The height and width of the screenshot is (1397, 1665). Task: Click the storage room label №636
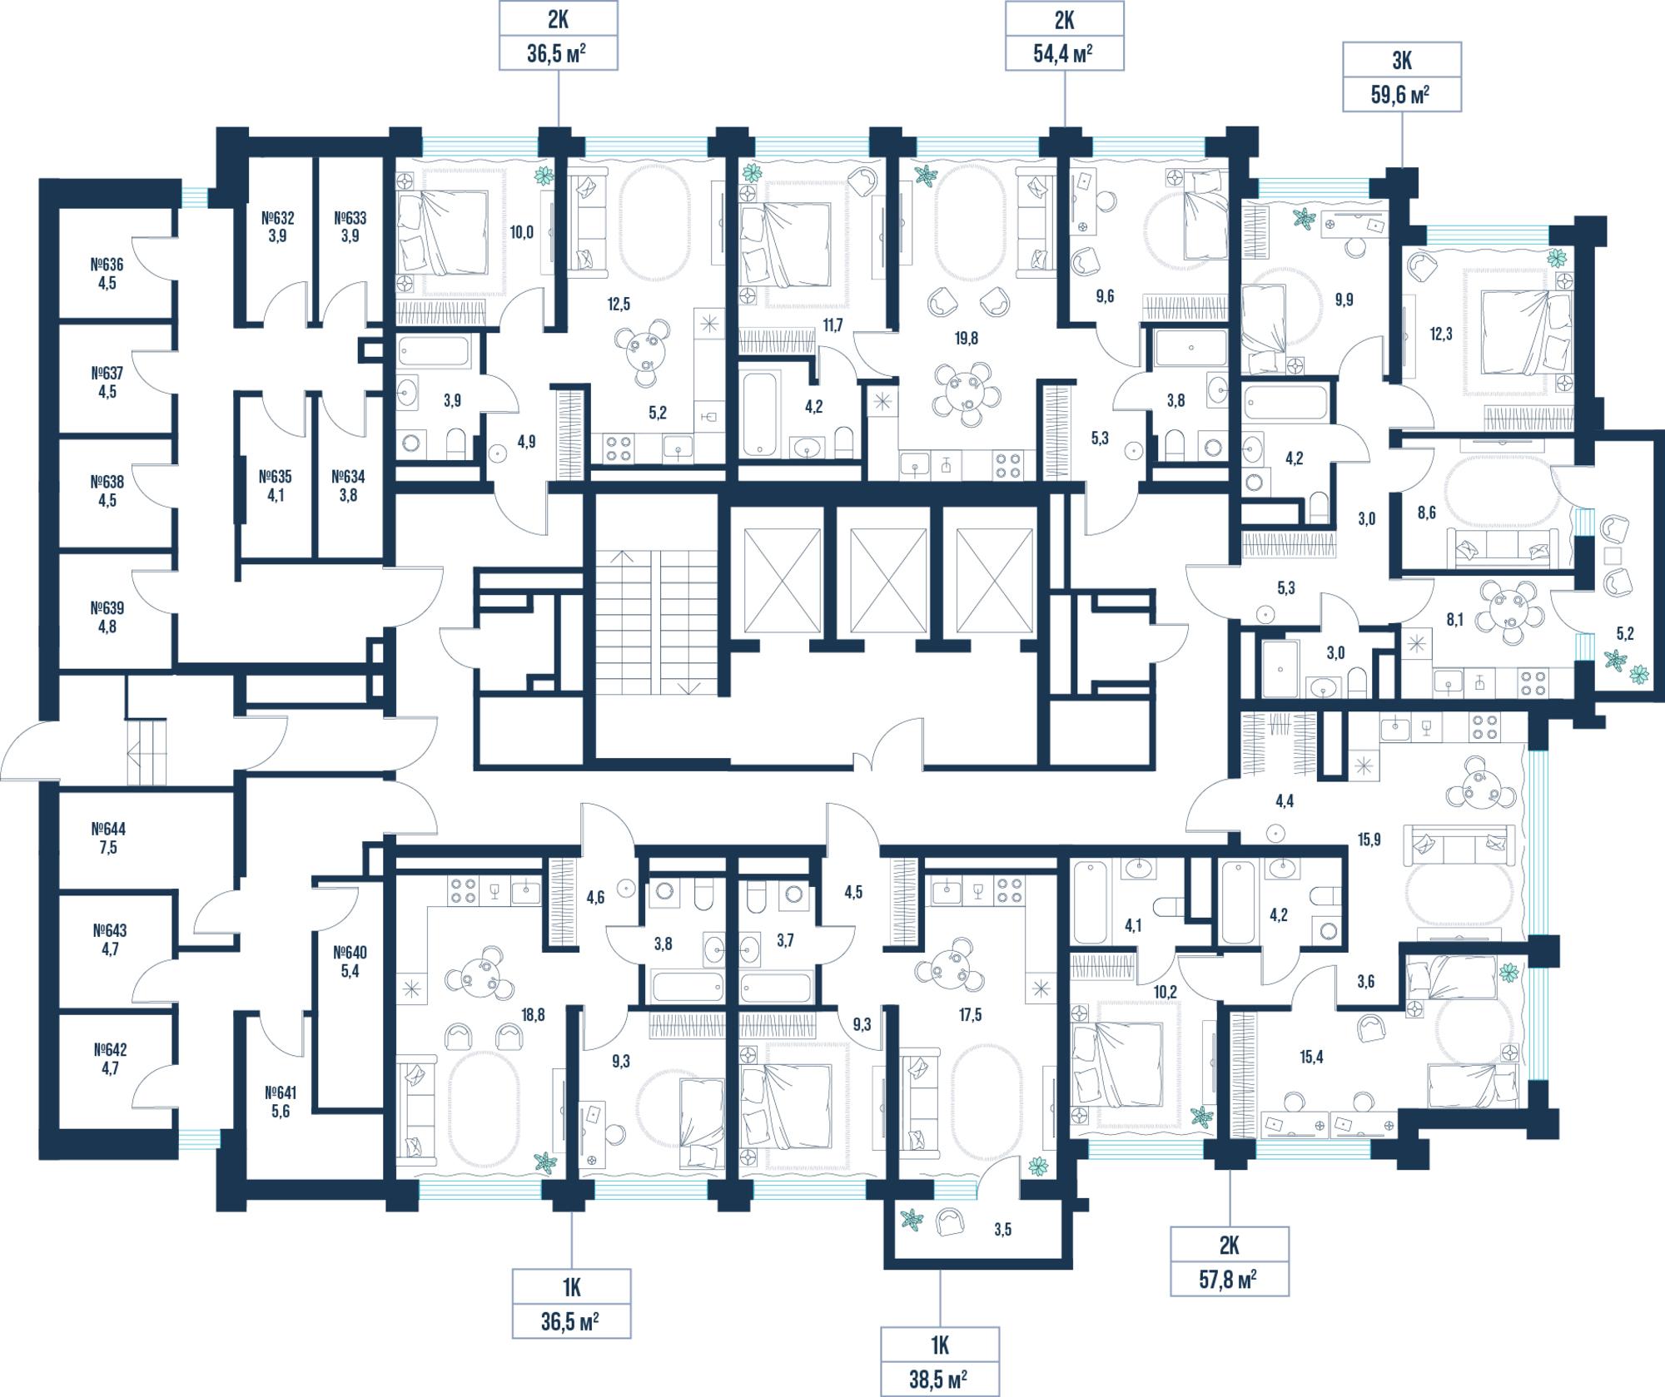(x=107, y=265)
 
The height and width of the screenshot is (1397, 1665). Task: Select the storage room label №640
(x=350, y=953)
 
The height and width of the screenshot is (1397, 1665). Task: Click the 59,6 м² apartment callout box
(x=1402, y=77)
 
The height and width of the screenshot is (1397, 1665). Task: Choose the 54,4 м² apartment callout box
(x=1065, y=36)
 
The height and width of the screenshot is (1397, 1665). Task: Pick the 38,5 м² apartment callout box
(x=940, y=1362)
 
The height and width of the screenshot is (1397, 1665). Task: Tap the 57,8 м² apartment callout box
(x=1230, y=1261)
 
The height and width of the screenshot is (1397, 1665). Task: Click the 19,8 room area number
(x=967, y=339)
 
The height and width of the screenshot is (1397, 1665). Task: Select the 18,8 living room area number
(x=533, y=1014)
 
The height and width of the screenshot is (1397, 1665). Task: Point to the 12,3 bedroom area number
(x=1441, y=334)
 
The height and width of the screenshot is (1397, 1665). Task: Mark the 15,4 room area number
(x=1311, y=1058)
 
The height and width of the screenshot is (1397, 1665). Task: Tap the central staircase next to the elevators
(x=658, y=622)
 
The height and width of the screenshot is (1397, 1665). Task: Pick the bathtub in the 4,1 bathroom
(x=1092, y=903)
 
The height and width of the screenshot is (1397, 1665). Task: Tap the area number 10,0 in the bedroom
(x=522, y=233)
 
